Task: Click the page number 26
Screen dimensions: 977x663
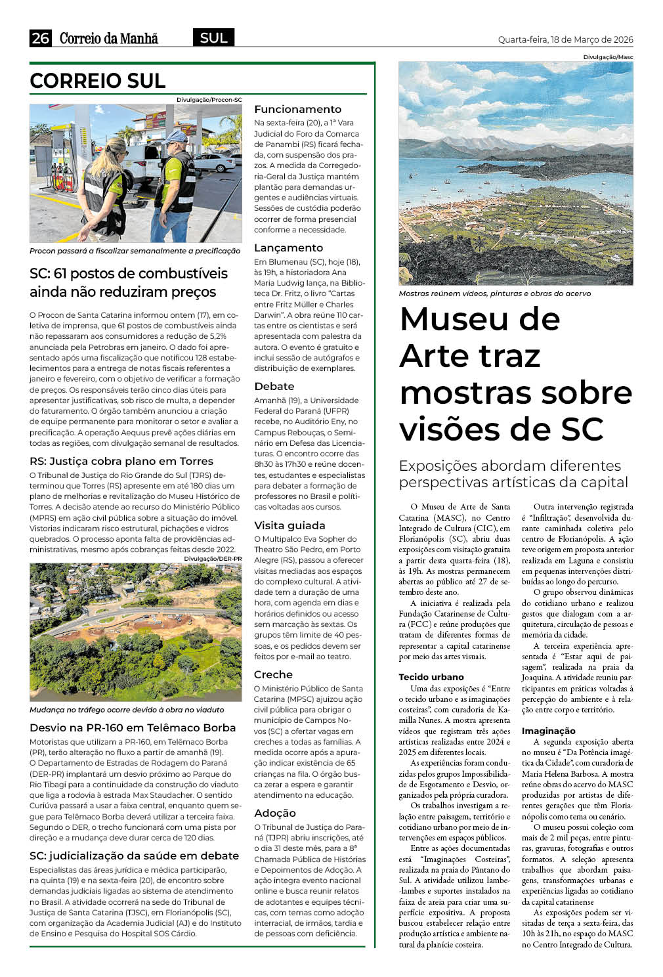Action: [40, 38]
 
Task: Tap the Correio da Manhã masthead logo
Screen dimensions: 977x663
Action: [109, 38]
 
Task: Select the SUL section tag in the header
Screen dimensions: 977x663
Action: [213, 38]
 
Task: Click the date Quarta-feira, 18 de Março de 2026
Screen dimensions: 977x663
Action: [565, 39]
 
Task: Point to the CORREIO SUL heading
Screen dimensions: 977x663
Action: [98, 81]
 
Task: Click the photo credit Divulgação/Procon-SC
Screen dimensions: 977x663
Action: [209, 100]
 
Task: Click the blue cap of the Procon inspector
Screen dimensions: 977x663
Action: [177, 137]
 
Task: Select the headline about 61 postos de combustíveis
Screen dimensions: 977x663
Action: [129, 282]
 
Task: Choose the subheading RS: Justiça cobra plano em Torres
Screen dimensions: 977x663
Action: [121, 461]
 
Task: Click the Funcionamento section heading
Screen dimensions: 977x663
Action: [297, 109]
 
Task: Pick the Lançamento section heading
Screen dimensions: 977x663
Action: [288, 248]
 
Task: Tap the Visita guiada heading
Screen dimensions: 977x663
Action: [289, 525]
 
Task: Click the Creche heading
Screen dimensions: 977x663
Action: [273, 674]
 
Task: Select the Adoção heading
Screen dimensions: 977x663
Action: [275, 813]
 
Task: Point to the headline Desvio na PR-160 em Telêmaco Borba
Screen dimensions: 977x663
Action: [133, 727]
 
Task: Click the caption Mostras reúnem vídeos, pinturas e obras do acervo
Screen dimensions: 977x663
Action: [494, 293]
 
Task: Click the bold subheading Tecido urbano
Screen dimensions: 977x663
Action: [431, 677]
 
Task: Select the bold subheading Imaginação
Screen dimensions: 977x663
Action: [548, 731]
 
